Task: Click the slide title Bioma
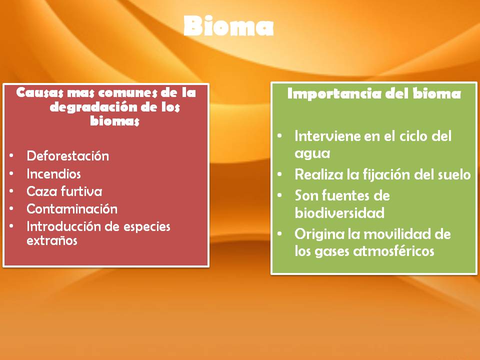click(x=228, y=26)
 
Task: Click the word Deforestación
click(x=67, y=155)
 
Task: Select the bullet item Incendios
click(x=53, y=173)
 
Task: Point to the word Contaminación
click(x=72, y=209)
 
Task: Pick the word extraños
click(x=52, y=240)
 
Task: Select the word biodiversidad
click(x=339, y=213)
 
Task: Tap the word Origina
click(x=317, y=234)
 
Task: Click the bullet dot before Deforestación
click(x=11, y=156)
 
